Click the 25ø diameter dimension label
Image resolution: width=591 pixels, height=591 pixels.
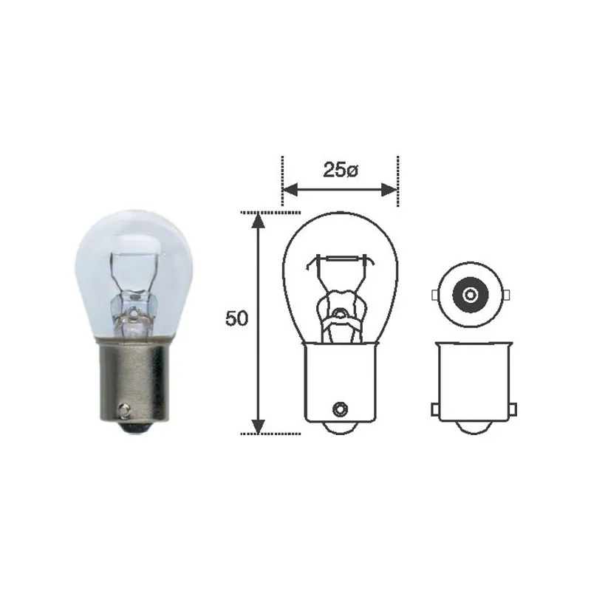tap(340, 170)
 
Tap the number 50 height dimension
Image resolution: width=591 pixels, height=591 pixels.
tap(236, 319)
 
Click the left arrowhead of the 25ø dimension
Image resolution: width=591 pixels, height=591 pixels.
tap(289, 191)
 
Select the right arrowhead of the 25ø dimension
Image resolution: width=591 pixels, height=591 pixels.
tap(391, 191)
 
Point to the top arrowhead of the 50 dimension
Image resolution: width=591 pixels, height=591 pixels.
tap(258, 220)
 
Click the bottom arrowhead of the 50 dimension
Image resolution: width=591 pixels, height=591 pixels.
tap(258, 426)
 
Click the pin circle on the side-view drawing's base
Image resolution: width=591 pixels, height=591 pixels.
tap(341, 407)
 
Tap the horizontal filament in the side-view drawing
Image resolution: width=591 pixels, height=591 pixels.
tap(341, 259)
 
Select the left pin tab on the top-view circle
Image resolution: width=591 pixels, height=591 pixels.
tap(435, 295)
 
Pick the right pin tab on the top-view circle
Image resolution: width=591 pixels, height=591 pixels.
tap(506, 295)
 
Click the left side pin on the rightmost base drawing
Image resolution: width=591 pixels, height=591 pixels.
tap(436, 409)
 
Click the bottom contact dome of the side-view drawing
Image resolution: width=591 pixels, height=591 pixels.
tap(341, 428)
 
